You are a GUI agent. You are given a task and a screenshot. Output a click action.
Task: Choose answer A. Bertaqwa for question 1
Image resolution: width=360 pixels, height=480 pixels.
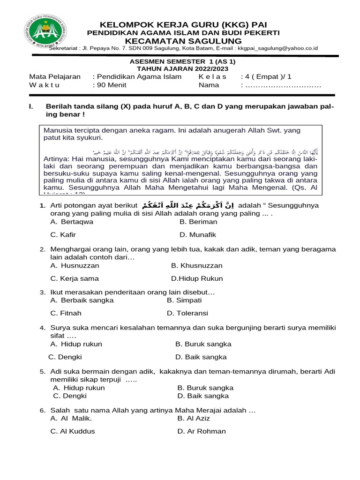tap(72, 222)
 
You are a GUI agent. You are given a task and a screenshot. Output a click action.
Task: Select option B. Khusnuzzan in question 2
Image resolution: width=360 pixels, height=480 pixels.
tap(197, 265)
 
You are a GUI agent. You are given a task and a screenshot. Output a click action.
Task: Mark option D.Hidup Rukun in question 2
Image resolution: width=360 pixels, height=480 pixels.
tap(197, 278)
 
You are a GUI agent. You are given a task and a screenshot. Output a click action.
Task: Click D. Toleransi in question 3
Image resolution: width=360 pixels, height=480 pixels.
tap(187, 313)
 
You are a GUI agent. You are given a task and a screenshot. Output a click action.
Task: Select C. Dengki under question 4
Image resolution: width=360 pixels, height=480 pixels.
tap(62, 357)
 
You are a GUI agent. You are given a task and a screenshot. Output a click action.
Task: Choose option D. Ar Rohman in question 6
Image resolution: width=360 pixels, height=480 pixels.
tap(202, 431)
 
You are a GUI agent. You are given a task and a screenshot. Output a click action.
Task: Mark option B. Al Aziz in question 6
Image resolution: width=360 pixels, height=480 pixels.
tap(194, 418)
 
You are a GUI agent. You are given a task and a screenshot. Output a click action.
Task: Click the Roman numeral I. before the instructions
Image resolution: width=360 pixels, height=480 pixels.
tap(31, 107)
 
